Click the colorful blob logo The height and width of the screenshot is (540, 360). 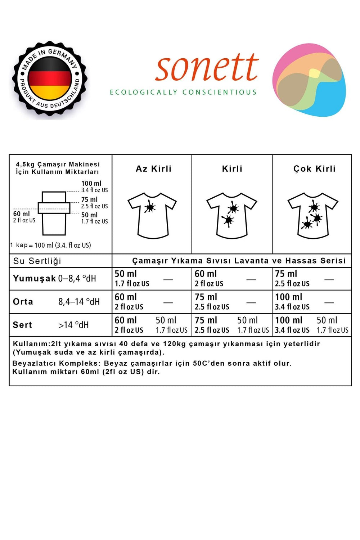(x=309, y=80)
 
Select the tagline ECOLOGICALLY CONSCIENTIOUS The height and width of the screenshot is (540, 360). (x=183, y=92)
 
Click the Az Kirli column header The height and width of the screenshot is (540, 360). (x=154, y=169)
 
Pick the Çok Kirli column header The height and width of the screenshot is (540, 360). (x=314, y=169)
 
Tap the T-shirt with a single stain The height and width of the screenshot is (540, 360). (x=152, y=215)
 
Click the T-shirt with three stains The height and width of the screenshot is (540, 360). (x=313, y=215)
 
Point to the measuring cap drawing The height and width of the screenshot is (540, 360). (x=54, y=213)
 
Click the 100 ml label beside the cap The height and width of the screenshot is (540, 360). (x=91, y=184)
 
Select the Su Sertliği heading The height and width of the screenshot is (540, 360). (x=37, y=261)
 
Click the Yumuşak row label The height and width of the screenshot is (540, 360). (x=34, y=278)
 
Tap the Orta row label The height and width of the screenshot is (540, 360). (x=23, y=302)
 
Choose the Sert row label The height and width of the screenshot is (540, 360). (x=22, y=325)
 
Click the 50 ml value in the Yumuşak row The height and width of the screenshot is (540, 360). (x=126, y=274)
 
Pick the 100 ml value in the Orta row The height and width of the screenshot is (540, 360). (x=288, y=297)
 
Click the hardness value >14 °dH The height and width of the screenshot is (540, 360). (x=73, y=325)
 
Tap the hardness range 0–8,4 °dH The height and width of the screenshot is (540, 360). (x=77, y=279)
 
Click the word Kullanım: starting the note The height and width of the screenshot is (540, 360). (x=32, y=344)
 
